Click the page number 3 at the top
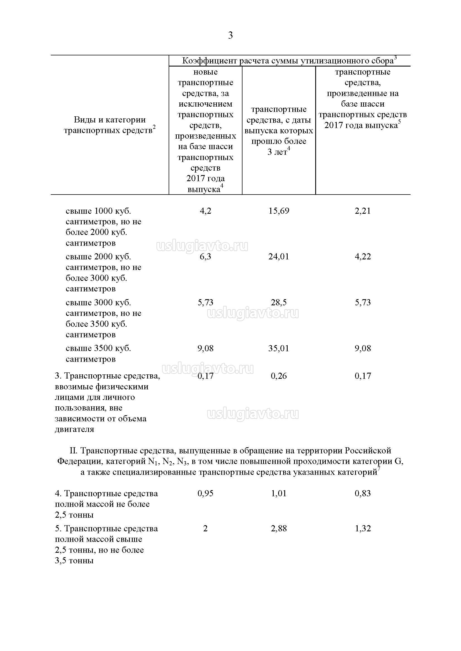point(230,35)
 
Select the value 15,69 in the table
point(279,211)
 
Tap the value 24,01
point(279,257)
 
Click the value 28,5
point(279,303)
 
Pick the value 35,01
point(279,348)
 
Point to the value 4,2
point(205,211)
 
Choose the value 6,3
point(205,257)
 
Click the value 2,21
point(363,211)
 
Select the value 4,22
point(363,257)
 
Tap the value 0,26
point(279,376)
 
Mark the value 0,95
point(205,493)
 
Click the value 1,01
point(279,493)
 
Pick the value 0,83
point(363,493)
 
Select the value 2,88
point(279,529)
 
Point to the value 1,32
point(363,529)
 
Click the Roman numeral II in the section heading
point(73,451)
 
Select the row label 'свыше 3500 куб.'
point(98,348)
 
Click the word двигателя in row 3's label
point(74,429)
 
